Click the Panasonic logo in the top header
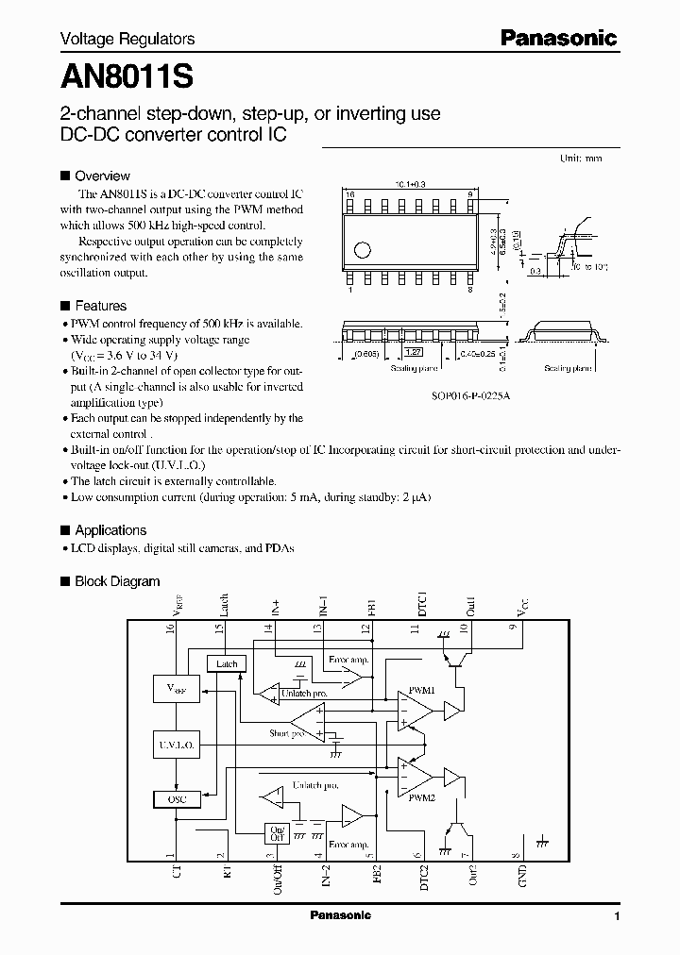pos(558,39)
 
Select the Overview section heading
pos(102,176)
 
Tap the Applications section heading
pos(110,530)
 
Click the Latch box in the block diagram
pos(227,663)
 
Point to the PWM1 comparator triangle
pos(413,709)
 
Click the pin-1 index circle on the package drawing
pos(361,250)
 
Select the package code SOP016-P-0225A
pos(445,397)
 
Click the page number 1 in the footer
pos(617,916)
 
